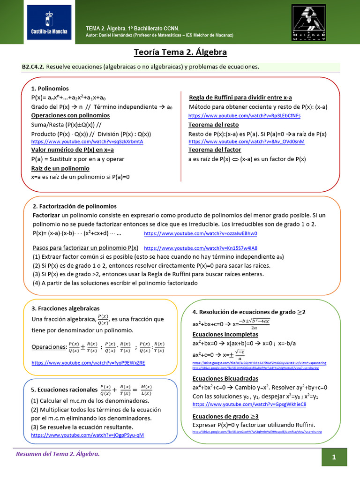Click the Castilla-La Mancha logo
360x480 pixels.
(47, 22)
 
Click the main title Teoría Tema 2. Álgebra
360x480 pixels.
(180, 52)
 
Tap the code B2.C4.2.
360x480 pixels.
(33, 67)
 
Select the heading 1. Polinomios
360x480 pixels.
(50, 89)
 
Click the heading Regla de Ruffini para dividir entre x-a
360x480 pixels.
(240, 97)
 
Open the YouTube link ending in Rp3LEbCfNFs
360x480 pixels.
(244, 115)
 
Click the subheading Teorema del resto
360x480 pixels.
(213, 125)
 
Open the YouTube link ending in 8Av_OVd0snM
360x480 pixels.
(246, 142)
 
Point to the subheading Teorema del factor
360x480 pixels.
(215, 150)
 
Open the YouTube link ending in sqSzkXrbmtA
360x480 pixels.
(87, 142)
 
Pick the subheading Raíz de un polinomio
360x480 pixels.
(60, 168)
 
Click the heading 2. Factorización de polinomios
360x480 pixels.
(75, 206)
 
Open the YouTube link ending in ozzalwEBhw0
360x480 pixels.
(200, 233)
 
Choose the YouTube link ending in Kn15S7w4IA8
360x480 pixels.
(200, 248)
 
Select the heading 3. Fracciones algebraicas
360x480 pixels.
(65, 308)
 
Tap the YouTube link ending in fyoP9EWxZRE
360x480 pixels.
(88, 363)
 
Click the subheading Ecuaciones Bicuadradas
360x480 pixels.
(225, 379)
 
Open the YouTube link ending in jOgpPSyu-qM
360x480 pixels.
(87, 435)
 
